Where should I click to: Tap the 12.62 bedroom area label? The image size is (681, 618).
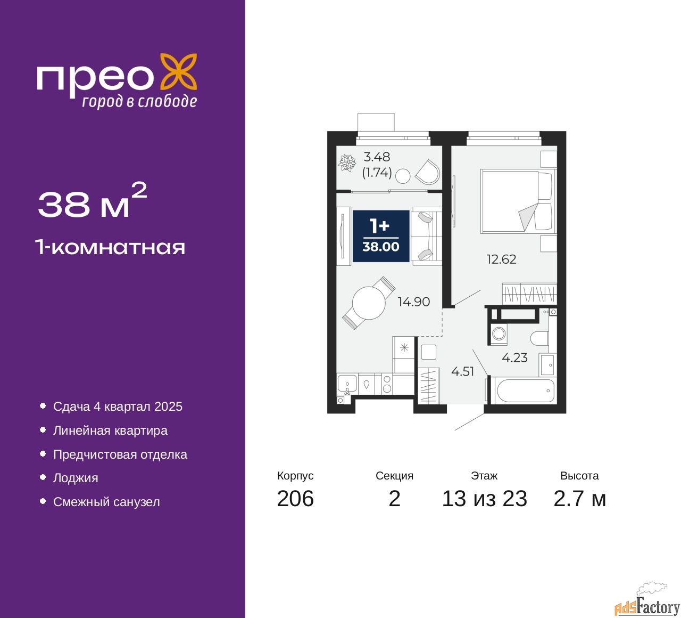pos(501,259)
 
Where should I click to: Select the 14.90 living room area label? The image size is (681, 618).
pos(414,302)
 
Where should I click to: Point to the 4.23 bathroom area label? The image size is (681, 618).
pos(514,357)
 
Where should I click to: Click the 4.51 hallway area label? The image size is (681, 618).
pos(462,371)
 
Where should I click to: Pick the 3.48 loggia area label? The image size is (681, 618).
pos(377,157)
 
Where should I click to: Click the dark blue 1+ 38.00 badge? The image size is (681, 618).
pos(381,236)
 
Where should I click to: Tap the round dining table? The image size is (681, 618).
pos(369,303)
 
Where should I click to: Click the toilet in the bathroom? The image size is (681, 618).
pos(539,338)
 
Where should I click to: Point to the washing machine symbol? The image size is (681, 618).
pos(499,334)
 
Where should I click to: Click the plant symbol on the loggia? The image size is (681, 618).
pos(347,163)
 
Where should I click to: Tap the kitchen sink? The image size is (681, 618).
pos(347,385)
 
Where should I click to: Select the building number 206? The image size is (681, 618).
pos(295,499)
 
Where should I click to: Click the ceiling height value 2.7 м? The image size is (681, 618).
pos(579,499)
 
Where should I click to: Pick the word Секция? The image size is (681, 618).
pos(394,476)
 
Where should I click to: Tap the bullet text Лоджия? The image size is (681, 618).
pos(76,478)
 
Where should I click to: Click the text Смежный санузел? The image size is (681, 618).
pos(106,502)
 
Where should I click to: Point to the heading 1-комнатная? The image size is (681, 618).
pos(111,248)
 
